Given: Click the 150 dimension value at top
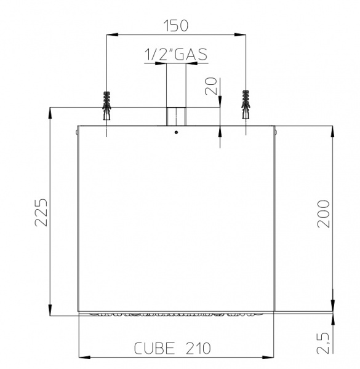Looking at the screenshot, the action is tap(176, 26).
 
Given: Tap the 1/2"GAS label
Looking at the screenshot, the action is tap(176, 54).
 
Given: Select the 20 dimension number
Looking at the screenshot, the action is tap(211, 86).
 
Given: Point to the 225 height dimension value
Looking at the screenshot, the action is tap(41, 213).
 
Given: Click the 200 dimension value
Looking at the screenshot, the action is tap(323, 214).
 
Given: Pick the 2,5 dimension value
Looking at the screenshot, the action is tap(323, 343).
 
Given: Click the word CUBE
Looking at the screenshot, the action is tap(154, 349).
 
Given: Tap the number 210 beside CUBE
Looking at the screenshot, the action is tap(198, 349).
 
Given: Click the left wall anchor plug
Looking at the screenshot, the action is tap(106, 105).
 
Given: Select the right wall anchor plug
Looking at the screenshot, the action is tap(246, 105).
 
